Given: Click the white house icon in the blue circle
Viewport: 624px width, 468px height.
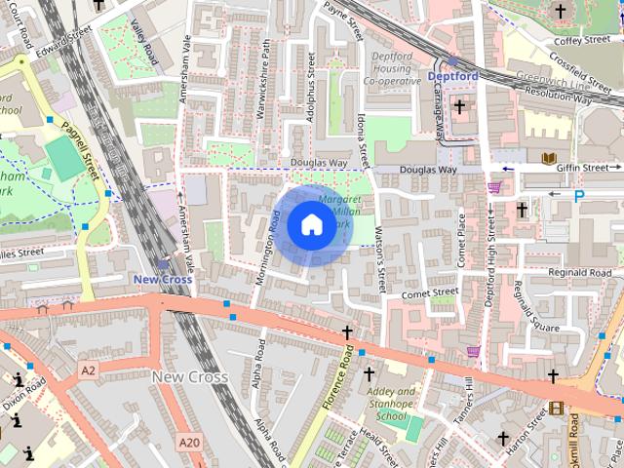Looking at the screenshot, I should pos(311,224).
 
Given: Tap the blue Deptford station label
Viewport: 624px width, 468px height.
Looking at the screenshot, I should pos(452,75).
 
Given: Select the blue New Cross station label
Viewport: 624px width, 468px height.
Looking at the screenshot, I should pos(162,279).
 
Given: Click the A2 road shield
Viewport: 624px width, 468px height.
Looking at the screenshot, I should pos(89,370).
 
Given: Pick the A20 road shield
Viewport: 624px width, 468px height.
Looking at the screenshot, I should pos(189,443).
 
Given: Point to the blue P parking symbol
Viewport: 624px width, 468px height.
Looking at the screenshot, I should pos(579,196).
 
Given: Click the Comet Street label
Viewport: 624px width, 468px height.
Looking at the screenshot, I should pos(429,292).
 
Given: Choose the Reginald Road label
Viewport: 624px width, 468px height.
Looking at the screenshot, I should pos(579,272).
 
